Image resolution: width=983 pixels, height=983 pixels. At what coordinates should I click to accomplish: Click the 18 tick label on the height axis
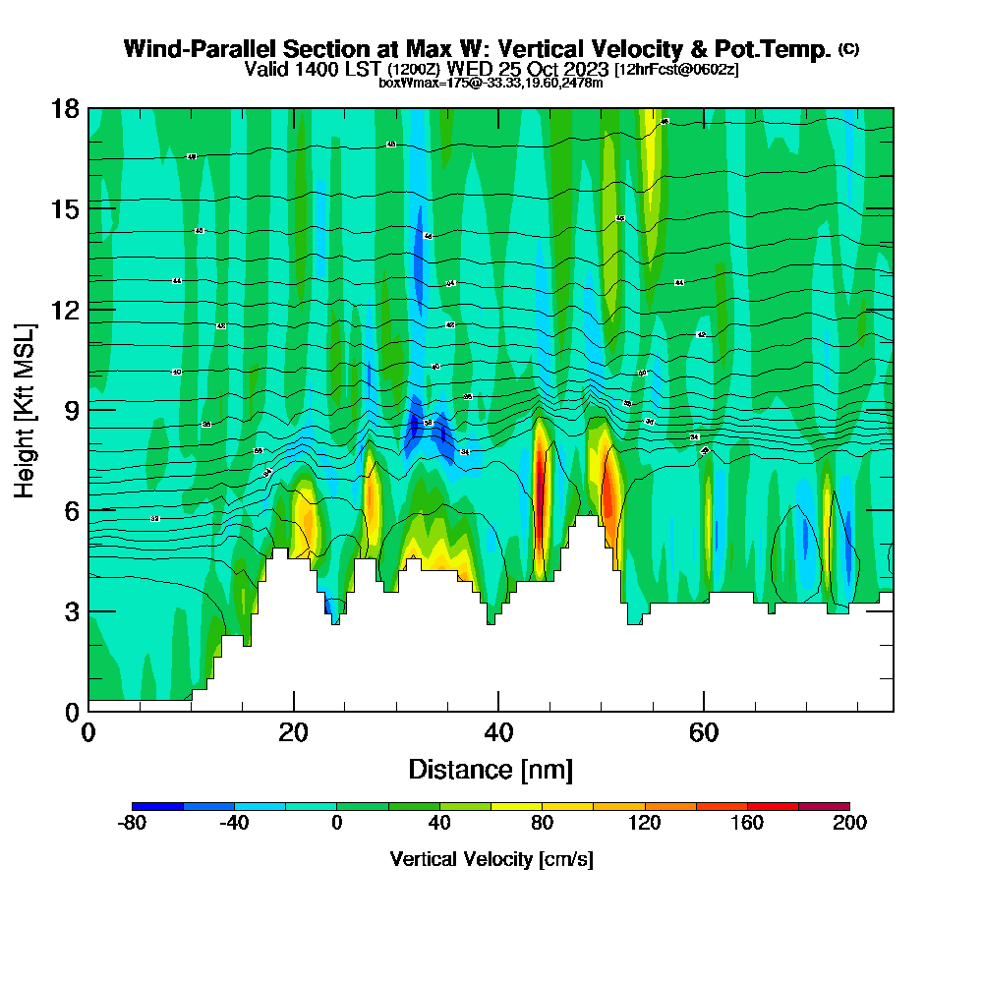tap(65, 108)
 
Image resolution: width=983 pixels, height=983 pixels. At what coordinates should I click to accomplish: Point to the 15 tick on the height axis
tap(65, 208)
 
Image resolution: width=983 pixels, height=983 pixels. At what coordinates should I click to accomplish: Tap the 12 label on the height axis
tap(65, 310)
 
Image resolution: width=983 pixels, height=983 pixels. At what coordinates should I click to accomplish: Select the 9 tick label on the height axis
tap(72, 410)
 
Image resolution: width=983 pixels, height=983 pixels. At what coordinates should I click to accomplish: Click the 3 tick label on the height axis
tap(72, 610)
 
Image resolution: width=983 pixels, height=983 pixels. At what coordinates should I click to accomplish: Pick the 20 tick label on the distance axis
tap(293, 732)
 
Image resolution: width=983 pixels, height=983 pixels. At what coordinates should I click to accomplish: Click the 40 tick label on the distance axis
tap(498, 732)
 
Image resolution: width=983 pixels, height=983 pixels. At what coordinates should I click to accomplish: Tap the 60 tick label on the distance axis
tap(704, 732)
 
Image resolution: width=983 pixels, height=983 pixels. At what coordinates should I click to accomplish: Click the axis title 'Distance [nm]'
tap(491, 769)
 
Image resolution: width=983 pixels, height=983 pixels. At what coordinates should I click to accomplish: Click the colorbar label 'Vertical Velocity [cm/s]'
tap(491, 859)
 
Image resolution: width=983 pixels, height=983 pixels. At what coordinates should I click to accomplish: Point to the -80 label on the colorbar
tap(132, 823)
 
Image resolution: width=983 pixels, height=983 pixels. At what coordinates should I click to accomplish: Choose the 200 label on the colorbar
tap(849, 823)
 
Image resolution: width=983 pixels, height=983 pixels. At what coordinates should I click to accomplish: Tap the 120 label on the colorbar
tap(645, 823)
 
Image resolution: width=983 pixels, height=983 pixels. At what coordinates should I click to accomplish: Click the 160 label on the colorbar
tap(747, 823)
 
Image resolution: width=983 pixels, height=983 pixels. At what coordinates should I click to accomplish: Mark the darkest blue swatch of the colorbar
tap(157, 806)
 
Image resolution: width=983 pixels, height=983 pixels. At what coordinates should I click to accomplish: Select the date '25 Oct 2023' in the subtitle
tap(553, 69)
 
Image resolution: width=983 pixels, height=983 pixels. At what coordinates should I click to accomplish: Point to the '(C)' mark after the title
tap(848, 49)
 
